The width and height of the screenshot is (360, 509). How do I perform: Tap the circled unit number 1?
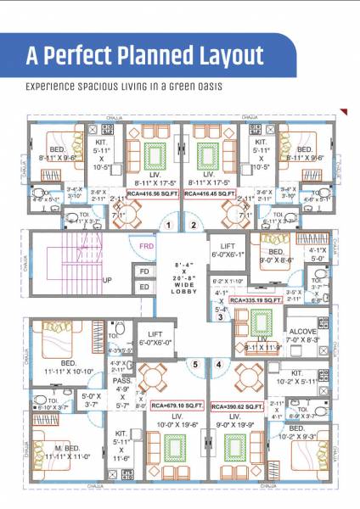click(x=169, y=225)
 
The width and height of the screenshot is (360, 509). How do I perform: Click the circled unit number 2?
click(x=193, y=225)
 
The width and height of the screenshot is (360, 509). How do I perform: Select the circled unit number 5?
click(x=195, y=366)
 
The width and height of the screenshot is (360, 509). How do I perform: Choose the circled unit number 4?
click(x=219, y=366)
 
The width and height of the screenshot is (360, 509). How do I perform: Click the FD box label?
click(x=143, y=272)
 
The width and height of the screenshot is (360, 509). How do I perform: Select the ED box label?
click(x=143, y=288)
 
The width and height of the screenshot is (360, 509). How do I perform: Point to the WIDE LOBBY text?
click(x=184, y=286)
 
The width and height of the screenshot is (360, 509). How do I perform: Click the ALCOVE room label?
click(x=301, y=332)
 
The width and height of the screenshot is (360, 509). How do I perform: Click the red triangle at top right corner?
click(x=344, y=111)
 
